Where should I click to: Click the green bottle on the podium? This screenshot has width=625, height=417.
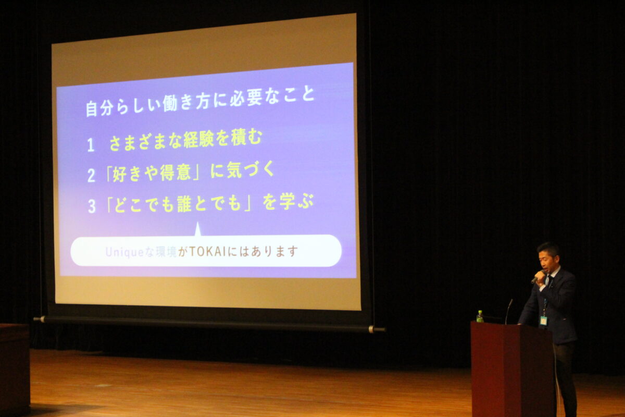(480, 316)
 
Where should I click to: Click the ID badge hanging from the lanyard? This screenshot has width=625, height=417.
(543, 321)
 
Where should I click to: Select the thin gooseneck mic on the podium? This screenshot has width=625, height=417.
(508, 311)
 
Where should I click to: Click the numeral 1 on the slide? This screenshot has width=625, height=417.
(91, 145)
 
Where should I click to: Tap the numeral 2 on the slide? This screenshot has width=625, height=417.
(91, 176)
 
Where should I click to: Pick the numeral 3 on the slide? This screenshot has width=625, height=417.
(92, 206)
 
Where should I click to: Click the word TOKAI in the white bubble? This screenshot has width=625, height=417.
(207, 252)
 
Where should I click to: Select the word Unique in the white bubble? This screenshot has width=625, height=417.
(124, 252)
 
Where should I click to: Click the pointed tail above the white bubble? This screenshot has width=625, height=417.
(198, 229)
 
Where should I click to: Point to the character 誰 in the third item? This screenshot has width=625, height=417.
(185, 204)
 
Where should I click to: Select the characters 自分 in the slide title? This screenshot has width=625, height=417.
(99, 108)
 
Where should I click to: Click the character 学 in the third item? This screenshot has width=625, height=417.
(287, 202)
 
